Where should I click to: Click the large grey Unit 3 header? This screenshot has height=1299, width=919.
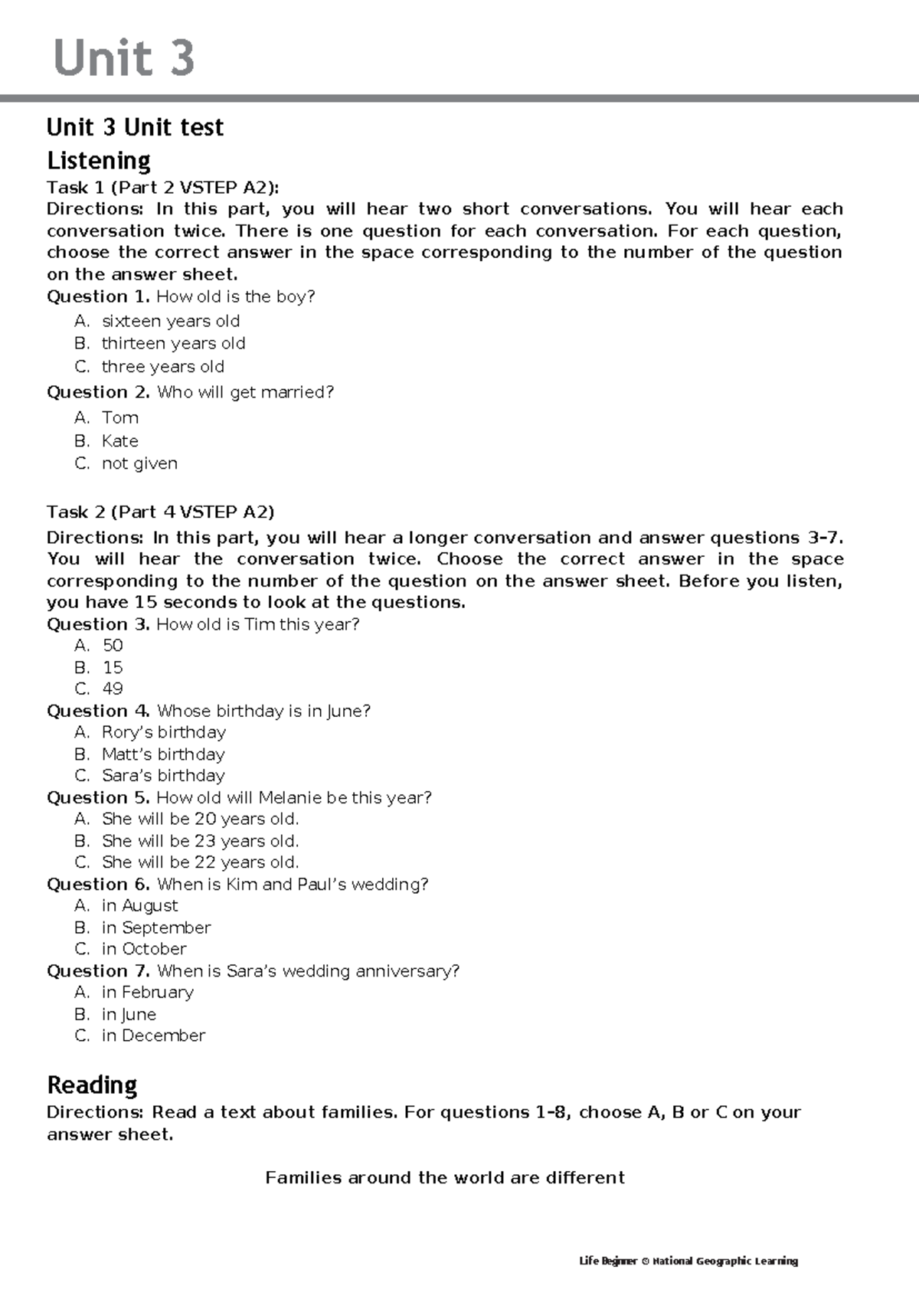click(x=124, y=58)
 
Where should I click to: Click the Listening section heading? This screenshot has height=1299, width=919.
click(x=99, y=160)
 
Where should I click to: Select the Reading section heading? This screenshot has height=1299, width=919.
click(x=92, y=1085)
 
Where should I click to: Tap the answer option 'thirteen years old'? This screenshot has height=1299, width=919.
click(x=173, y=343)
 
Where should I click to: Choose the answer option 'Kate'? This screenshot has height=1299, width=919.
click(x=119, y=440)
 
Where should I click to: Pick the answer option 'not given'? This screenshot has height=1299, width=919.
click(x=139, y=463)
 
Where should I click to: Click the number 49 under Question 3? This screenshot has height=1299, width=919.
click(x=113, y=689)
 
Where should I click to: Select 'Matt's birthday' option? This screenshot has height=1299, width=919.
click(x=163, y=754)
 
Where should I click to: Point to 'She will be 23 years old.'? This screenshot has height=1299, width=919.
click(x=200, y=840)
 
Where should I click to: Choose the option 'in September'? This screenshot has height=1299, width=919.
click(x=155, y=927)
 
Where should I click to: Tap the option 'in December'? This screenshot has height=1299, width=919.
click(x=153, y=1036)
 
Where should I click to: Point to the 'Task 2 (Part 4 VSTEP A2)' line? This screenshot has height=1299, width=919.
click(x=160, y=512)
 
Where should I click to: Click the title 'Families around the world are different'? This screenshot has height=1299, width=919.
click(x=445, y=1177)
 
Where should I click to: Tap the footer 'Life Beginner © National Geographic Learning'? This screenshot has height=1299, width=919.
click(x=688, y=1261)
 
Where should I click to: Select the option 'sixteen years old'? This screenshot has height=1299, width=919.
click(x=171, y=321)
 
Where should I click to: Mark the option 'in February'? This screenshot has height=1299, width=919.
click(x=147, y=992)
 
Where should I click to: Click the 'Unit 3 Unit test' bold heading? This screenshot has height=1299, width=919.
click(x=135, y=127)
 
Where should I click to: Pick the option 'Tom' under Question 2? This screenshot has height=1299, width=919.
click(x=119, y=417)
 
